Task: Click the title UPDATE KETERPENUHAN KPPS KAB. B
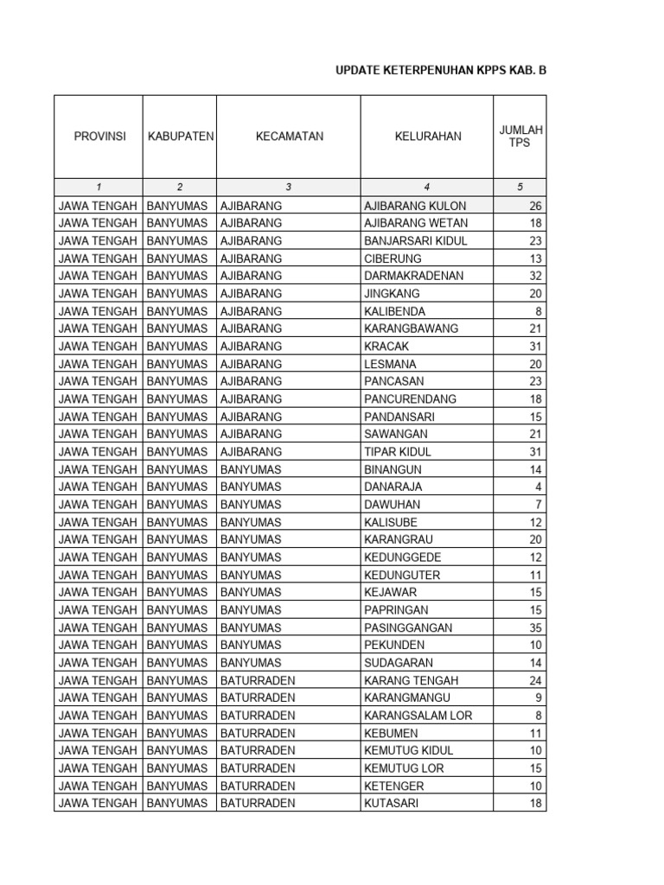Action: pyautogui.click(x=441, y=71)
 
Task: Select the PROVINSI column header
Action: pyautogui.click(x=99, y=137)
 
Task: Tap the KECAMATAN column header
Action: pyautogui.click(x=289, y=137)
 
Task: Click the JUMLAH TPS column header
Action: pyautogui.click(x=520, y=137)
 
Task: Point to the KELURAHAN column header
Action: pyautogui.click(x=427, y=137)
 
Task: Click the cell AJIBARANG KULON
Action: pyautogui.click(x=415, y=206)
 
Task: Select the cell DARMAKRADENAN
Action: pyautogui.click(x=414, y=276)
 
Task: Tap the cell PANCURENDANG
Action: pyautogui.click(x=411, y=399)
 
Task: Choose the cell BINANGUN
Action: pyautogui.click(x=393, y=469)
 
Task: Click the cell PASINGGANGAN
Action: pyautogui.click(x=408, y=627)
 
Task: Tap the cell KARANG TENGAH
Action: pyautogui.click(x=412, y=680)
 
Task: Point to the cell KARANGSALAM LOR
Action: pyautogui.click(x=418, y=716)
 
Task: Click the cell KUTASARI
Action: pyautogui.click(x=392, y=804)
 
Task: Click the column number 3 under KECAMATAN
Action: pyautogui.click(x=289, y=187)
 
